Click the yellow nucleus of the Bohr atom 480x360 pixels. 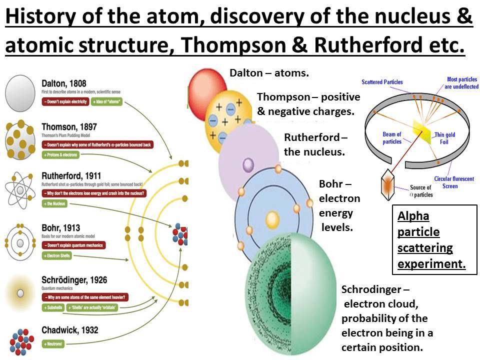pyautogui.click(x=272, y=219)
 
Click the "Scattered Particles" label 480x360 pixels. pyautogui.click(x=382, y=82)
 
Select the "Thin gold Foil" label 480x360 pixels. pyautogui.click(x=445, y=137)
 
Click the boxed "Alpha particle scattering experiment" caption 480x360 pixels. pyautogui.click(x=431, y=240)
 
